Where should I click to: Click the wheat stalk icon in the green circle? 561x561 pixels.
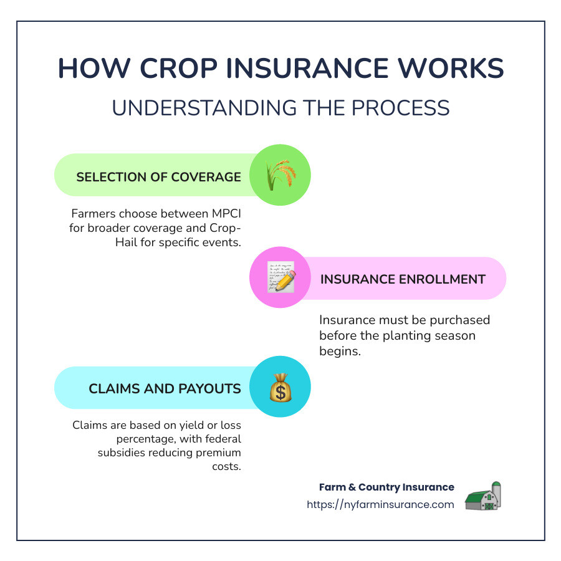[x=280, y=176]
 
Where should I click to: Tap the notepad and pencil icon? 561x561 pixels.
[x=280, y=278]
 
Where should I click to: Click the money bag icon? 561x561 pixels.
[x=280, y=389]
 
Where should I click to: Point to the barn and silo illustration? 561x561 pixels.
[x=484, y=497]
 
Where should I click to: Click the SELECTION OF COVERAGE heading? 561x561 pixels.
[x=158, y=177]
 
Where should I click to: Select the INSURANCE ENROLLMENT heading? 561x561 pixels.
[x=403, y=279]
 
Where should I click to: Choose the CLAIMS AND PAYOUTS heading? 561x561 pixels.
[x=165, y=389]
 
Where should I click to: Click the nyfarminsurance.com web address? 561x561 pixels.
[x=380, y=505]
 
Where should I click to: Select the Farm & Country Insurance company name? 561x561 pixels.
[x=386, y=487]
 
